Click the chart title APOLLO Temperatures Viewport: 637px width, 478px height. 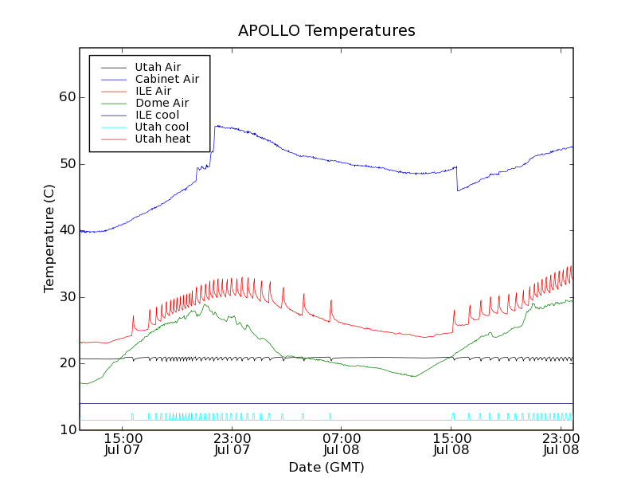point(326,31)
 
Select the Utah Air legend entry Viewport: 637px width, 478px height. point(158,67)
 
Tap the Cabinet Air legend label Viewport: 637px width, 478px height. point(166,79)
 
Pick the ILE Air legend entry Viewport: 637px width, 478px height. point(153,91)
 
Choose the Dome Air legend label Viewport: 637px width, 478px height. point(162,103)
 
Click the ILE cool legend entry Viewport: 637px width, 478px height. point(157,115)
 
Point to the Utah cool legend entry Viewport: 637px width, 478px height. point(162,127)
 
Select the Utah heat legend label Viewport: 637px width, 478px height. point(162,139)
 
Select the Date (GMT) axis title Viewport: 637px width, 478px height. point(326,467)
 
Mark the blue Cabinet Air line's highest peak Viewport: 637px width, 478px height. point(217,125)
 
